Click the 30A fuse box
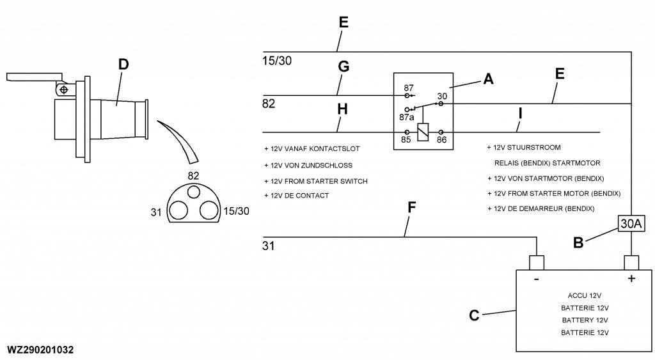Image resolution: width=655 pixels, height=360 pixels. click(631, 223)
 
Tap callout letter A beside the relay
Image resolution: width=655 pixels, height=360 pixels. click(488, 79)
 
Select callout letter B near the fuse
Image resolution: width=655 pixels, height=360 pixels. click(577, 243)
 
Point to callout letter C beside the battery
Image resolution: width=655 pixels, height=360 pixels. click(474, 315)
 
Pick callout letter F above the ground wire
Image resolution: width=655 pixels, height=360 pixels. click(412, 208)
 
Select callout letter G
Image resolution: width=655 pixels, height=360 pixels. click(343, 66)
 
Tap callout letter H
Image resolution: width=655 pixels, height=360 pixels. click(342, 109)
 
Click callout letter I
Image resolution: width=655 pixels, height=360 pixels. click(520, 114)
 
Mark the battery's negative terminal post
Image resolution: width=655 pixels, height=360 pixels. click(535, 262)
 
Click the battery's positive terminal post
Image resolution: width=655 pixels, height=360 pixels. click(632, 262)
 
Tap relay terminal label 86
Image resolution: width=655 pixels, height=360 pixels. click(441, 138)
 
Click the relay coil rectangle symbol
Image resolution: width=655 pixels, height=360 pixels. click(423, 132)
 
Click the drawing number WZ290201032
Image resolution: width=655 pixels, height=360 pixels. click(40, 350)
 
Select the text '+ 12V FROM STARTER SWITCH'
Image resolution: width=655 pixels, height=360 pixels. click(315, 181)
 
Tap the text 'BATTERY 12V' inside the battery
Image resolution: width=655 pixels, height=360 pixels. click(585, 320)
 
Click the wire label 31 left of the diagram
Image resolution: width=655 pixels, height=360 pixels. click(268, 246)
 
